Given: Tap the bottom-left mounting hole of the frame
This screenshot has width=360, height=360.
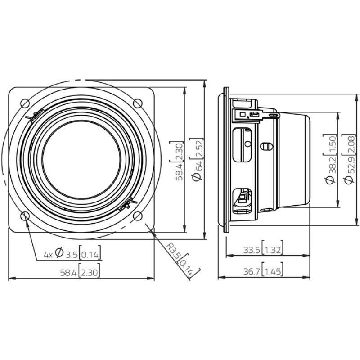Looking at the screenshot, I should (26, 216).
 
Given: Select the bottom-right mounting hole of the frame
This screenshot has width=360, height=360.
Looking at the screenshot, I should (138, 216).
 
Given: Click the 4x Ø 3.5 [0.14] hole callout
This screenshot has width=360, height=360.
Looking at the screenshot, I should (72, 254).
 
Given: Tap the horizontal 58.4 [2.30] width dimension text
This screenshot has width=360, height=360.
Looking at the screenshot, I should (81, 271).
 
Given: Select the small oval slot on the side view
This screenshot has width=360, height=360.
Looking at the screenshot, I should (266, 147).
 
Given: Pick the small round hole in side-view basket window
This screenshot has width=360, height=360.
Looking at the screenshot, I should (247, 144).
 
